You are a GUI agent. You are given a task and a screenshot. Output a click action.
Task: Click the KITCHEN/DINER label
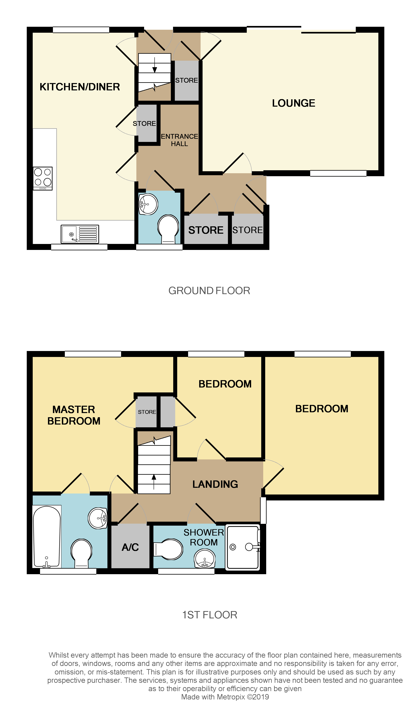(x=80, y=87)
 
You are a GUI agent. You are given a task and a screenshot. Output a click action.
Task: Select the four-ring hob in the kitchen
(x=43, y=178)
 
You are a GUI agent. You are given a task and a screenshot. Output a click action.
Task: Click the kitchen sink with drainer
(x=80, y=234)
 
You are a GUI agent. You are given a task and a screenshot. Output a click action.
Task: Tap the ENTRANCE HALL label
(x=179, y=140)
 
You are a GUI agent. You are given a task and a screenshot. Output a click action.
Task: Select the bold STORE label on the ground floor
(x=206, y=230)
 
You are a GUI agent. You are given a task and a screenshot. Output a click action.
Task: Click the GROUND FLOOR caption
(x=209, y=291)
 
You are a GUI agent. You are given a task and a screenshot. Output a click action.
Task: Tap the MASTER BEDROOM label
(x=74, y=415)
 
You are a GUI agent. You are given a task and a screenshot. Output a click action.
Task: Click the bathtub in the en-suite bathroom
(x=47, y=537)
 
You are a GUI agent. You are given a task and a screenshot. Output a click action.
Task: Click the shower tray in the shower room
(x=243, y=547)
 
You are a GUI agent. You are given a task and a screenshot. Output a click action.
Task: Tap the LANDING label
(x=215, y=484)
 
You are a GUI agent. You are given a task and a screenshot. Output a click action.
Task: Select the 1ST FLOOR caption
(x=209, y=615)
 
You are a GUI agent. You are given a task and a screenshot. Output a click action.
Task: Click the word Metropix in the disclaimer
(x=231, y=697)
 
